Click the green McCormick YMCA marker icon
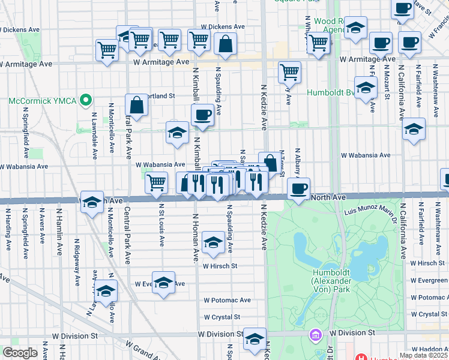88,100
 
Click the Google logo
20,353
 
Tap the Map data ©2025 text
423,355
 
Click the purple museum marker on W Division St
315,334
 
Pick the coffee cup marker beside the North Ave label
298,189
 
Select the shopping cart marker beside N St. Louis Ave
156,182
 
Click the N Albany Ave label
295,165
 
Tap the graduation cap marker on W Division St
255,339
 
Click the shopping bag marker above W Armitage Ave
226,44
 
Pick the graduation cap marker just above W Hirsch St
213,242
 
